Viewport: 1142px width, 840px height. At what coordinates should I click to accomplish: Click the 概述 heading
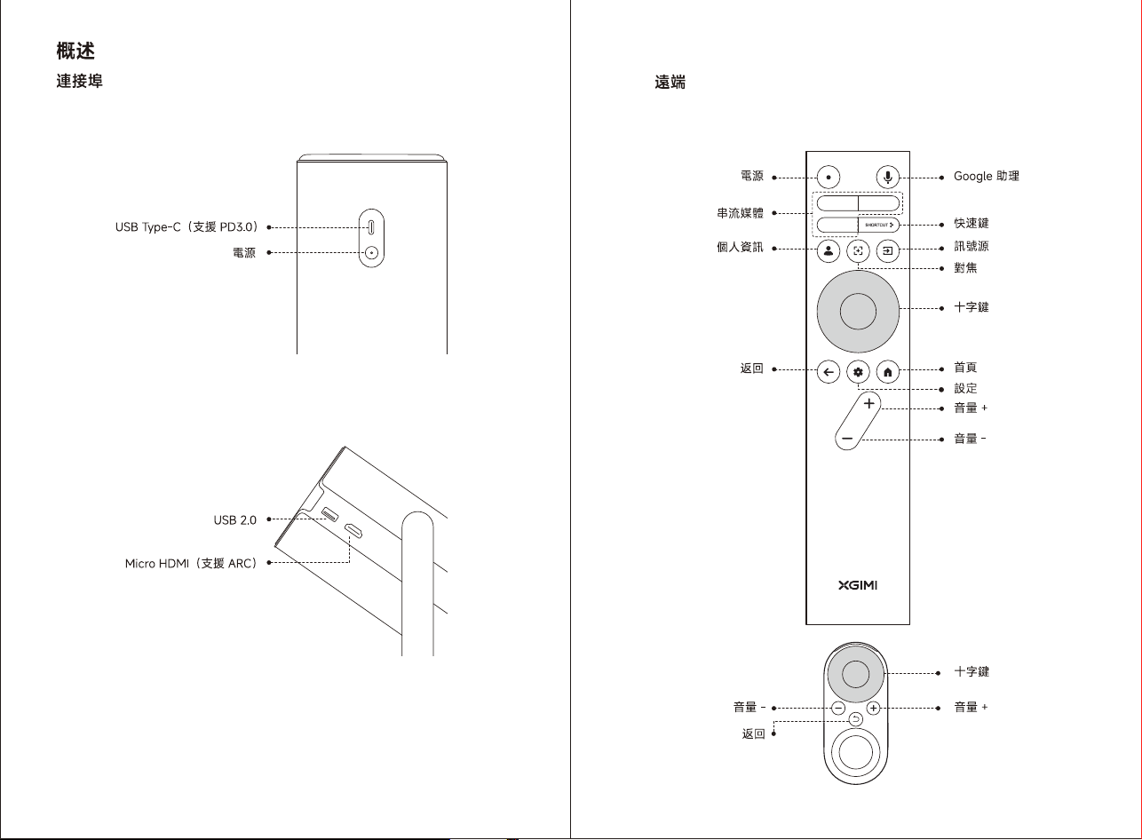point(75,51)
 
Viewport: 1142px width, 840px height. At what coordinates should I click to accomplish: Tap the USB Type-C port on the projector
point(371,226)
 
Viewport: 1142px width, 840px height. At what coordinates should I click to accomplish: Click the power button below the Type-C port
point(371,252)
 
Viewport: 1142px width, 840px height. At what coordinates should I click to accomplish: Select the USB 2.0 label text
point(234,520)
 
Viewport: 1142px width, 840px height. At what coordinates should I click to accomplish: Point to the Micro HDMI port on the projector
point(353,530)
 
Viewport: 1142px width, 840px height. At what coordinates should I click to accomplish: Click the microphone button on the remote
point(888,178)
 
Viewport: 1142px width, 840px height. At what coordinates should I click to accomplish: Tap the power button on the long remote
point(829,178)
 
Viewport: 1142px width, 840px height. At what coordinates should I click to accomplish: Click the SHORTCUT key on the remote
point(878,225)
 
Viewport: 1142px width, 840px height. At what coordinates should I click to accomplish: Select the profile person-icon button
point(829,250)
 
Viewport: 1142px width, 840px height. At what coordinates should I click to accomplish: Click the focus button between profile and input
point(858,250)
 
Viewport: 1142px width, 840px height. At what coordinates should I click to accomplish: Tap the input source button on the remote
point(888,250)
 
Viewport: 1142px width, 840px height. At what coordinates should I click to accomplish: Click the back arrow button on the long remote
point(829,371)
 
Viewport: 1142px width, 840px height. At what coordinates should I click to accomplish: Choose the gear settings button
point(858,371)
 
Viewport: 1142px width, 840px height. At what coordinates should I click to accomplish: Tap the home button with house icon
point(888,371)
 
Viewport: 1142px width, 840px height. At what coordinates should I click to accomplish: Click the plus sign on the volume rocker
point(868,404)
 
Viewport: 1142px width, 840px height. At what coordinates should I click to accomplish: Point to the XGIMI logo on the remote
point(858,585)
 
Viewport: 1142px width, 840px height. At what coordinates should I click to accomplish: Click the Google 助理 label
point(986,177)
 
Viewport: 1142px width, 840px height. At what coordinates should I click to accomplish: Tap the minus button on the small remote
point(838,708)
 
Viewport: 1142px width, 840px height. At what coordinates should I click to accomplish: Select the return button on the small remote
point(855,720)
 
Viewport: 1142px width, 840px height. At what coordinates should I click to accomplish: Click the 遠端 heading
point(670,82)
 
